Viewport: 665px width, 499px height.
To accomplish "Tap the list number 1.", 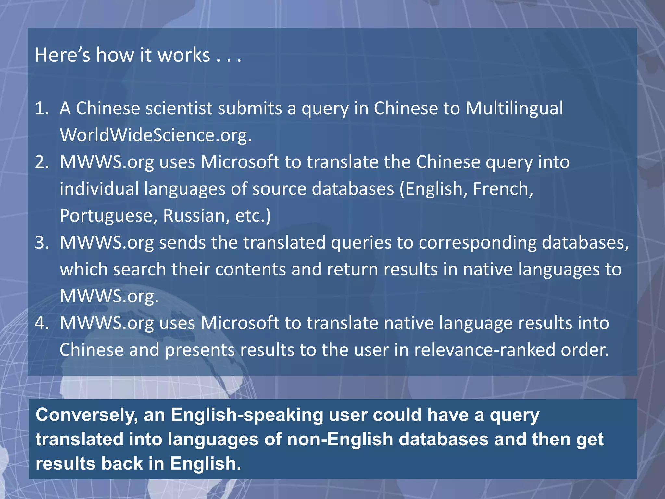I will click(x=41, y=109).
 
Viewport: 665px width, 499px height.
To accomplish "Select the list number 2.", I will click(x=42, y=162).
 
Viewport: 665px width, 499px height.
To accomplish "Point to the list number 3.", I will click(x=42, y=243).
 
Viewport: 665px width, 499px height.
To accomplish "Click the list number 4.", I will click(x=42, y=323).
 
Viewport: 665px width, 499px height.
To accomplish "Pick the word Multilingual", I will click(x=514, y=109).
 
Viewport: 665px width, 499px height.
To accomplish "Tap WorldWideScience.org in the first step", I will click(x=156, y=135).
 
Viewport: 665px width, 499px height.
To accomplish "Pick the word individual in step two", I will click(x=99, y=189).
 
